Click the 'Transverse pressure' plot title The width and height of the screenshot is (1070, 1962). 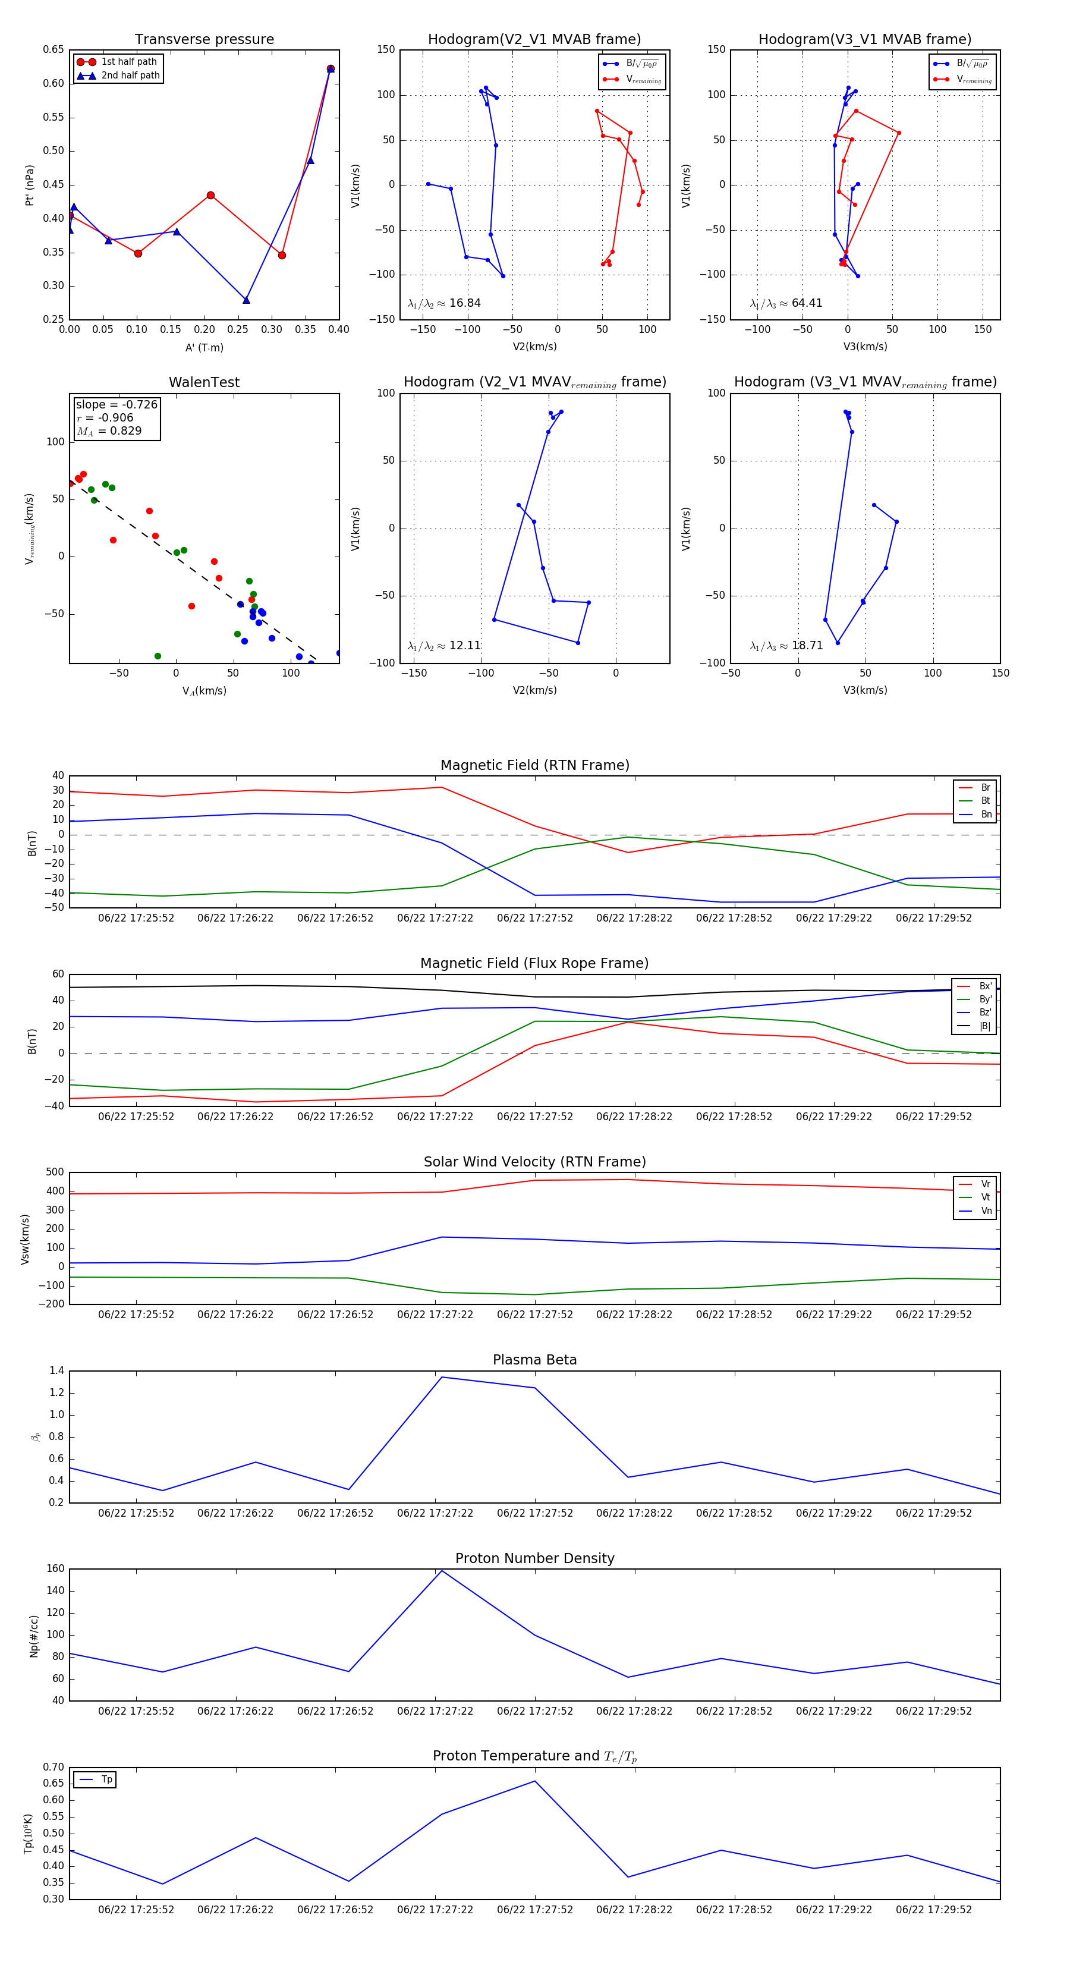coord(204,40)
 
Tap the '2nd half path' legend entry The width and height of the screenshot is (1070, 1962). coord(130,76)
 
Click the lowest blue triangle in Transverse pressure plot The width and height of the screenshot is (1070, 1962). coord(246,300)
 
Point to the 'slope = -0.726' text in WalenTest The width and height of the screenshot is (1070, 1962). coord(117,404)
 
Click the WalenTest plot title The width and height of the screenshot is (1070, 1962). coord(204,382)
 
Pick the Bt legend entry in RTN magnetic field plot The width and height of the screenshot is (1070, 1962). coord(985,800)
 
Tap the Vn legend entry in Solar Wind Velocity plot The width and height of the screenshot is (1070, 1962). coord(986,1211)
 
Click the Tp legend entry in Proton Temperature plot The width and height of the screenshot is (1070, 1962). coord(106,1779)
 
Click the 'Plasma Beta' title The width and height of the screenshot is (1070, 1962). coord(534,1360)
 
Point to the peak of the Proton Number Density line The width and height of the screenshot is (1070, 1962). coord(442,1571)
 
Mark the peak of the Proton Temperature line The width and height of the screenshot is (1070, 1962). coord(534,1781)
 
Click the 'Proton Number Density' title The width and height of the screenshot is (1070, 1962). coord(534,1558)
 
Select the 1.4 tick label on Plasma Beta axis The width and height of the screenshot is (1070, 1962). coord(56,1371)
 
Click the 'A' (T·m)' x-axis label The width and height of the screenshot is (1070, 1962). coord(204,347)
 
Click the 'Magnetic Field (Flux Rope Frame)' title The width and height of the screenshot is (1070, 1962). coord(534,964)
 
